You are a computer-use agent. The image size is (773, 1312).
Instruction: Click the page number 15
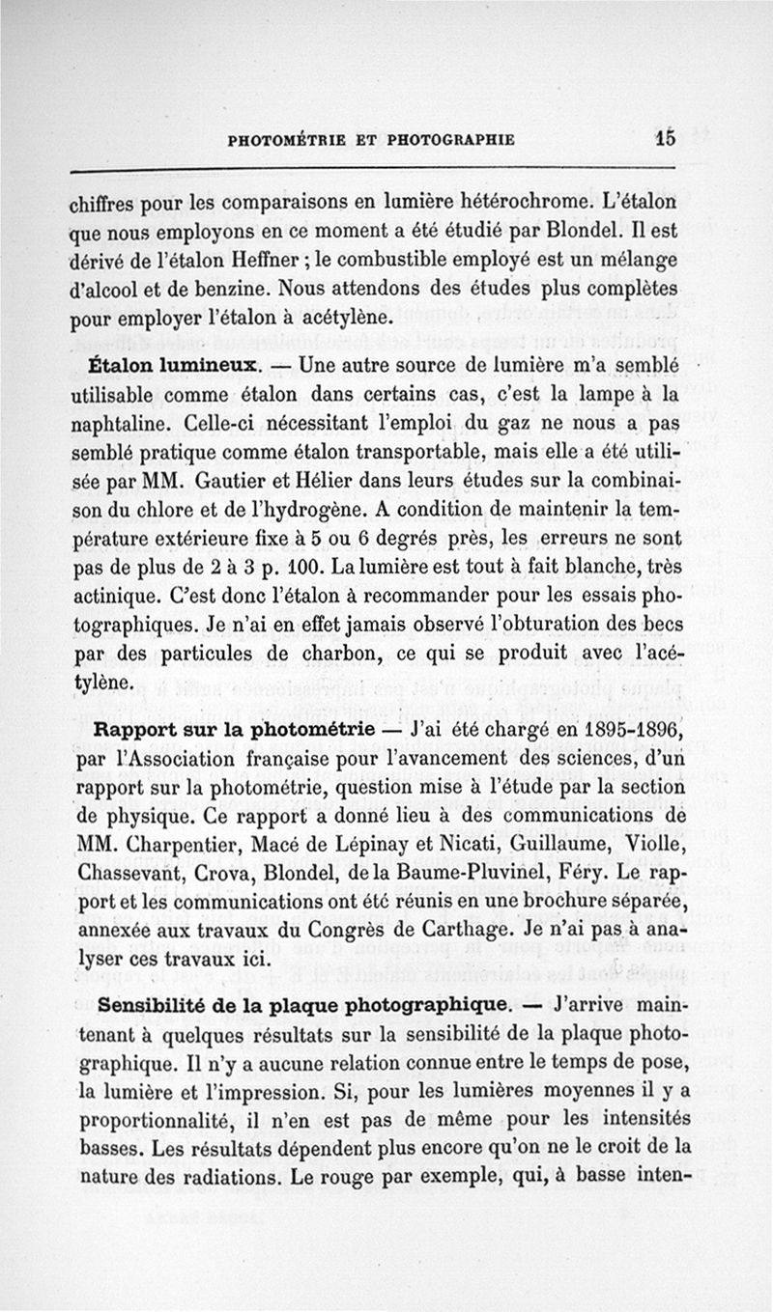pos(664,137)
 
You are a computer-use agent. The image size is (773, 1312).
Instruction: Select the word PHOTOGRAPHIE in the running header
pos(450,139)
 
